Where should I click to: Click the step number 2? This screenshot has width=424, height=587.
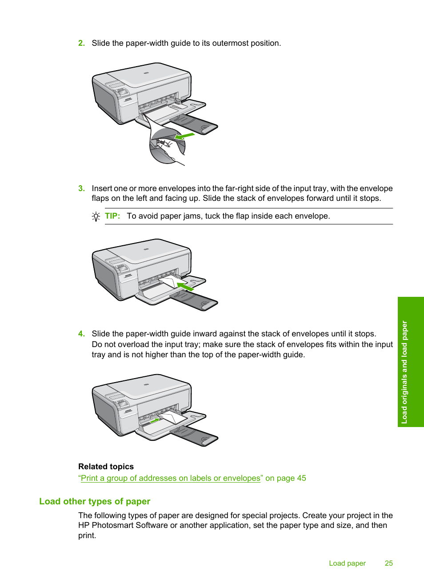81,43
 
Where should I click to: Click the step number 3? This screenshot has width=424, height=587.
81,188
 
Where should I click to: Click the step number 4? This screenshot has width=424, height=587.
81,334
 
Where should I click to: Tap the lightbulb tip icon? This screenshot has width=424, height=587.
96,216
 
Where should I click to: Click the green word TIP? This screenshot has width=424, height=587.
112,216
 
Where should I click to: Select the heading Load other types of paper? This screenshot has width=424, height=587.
95,501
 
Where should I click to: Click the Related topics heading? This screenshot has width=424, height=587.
106,467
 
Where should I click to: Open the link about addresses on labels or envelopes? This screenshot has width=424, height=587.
171,478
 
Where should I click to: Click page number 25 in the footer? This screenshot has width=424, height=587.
388,563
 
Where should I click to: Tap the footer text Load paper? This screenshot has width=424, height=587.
347,563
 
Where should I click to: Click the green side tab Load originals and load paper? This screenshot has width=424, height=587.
411,362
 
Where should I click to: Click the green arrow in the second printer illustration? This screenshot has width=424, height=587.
185,287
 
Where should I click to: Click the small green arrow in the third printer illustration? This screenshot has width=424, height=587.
154,419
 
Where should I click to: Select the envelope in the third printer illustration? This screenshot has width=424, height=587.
171,418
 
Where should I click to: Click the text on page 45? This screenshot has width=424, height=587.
285,478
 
